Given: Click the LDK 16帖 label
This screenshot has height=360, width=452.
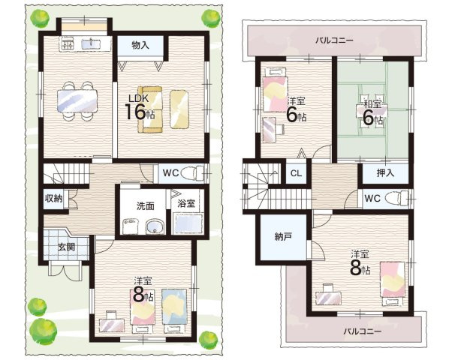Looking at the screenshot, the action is pyautogui.click(x=140, y=106).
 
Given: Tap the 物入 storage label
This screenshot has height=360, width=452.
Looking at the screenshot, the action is pyautogui.click(x=140, y=45).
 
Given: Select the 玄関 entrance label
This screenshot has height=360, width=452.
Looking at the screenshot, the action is pyautogui.click(x=67, y=247).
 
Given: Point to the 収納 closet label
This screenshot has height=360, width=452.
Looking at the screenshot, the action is pyautogui.click(x=53, y=198).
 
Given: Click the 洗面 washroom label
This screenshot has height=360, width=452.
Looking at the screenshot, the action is pyautogui.click(x=146, y=205).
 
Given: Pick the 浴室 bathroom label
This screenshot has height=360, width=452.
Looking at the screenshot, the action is pyautogui.click(x=186, y=203).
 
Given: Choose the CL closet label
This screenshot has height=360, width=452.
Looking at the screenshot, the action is pyautogui.click(x=296, y=173).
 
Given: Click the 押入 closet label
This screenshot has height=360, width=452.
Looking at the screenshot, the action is pyautogui.click(x=385, y=172).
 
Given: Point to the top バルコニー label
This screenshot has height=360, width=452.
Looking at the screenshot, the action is pyautogui.click(x=334, y=40).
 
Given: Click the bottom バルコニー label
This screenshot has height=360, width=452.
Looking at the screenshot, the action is pyautogui.click(x=362, y=331).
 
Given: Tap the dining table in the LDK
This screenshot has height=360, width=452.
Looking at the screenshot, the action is pyautogui.click(x=77, y=100).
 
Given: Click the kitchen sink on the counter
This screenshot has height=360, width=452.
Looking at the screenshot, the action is pyautogui.click(x=91, y=44).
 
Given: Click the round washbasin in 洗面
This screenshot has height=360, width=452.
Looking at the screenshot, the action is pyautogui.click(x=154, y=226).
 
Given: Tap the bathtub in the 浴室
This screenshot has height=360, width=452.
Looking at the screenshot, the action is pyautogui.click(x=188, y=223).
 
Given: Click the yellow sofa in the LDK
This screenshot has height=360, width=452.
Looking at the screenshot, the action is pyautogui.click(x=150, y=109).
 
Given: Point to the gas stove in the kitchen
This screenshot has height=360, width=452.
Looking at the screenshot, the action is pyautogui.click(x=67, y=44).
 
